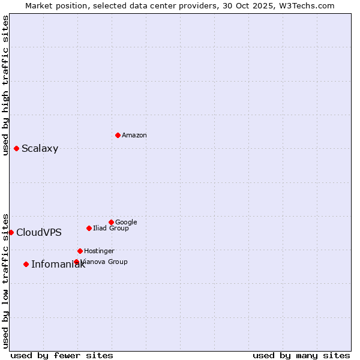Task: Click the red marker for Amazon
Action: (118, 135)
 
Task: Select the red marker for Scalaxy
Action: (16, 148)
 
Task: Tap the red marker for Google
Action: (111, 222)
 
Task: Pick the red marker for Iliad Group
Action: (89, 228)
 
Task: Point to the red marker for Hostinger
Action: (80, 251)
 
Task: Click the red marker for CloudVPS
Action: (11, 232)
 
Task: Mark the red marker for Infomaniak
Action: (26, 264)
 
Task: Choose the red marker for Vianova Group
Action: (76, 262)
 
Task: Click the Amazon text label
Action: (134, 136)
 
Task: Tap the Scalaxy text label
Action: (40, 149)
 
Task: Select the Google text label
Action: (126, 223)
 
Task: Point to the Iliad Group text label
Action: (111, 229)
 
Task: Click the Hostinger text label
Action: (99, 251)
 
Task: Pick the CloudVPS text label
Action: (39, 233)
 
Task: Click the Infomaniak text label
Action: (58, 265)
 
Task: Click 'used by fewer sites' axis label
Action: (62, 355)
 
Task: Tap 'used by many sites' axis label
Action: (301, 355)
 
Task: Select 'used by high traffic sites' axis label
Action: (6, 85)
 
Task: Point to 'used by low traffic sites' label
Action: (6, 281)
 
